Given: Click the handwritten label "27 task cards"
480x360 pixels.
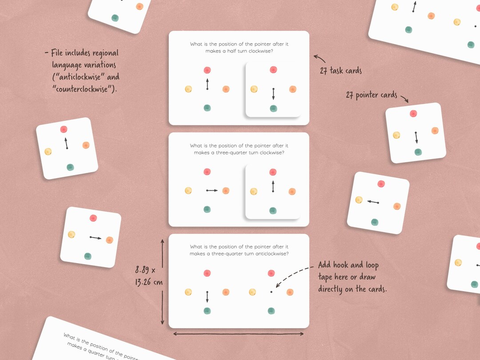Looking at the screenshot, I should point(340,71).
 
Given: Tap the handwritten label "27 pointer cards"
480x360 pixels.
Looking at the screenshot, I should point(371,95).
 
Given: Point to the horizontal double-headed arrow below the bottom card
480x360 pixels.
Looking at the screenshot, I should point(238,333).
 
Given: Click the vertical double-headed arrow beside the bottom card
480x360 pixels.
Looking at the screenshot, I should point(162,281).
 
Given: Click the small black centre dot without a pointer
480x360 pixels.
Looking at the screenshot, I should point(271,292).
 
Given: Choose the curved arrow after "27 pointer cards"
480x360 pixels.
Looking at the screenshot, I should point(404,98).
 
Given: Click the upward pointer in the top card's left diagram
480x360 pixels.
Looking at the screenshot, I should point(207,84).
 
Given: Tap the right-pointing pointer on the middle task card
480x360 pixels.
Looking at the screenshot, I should point(212,190).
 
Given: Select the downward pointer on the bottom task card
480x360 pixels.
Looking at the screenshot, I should point(207,296).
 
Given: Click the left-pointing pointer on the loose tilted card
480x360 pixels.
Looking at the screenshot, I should point(372,202).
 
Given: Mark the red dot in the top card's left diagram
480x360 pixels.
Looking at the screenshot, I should point(207,70).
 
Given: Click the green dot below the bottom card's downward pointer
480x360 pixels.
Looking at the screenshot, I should point(207,311).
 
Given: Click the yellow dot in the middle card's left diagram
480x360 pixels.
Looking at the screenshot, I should point(188,191).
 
